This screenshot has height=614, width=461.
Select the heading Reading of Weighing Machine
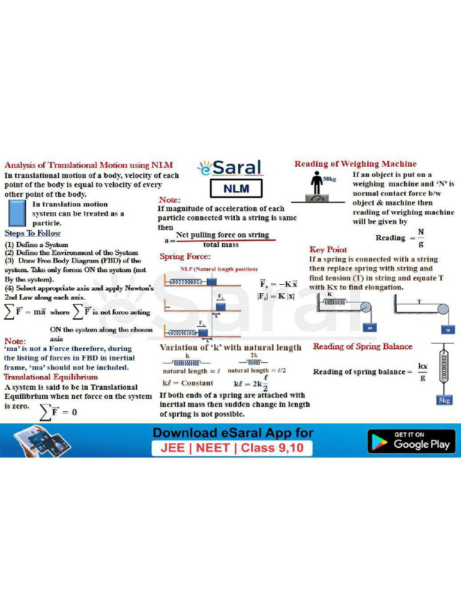355,164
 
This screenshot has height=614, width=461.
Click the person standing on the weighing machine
316,183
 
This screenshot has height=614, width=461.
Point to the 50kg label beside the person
330,179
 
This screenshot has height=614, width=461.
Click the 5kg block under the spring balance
444,400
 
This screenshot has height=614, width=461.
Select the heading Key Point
328,249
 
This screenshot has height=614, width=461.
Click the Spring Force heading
185,257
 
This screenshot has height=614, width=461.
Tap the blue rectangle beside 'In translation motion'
18,213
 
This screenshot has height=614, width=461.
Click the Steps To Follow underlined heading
32,233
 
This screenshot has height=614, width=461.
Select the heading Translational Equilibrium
51,377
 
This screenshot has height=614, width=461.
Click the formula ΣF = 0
58,412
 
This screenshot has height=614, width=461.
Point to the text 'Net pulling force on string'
223,235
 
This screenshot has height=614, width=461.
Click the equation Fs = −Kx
279,284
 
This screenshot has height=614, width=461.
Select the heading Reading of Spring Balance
363,347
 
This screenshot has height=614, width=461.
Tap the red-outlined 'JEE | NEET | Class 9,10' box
232,448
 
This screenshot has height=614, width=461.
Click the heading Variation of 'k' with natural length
230,347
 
